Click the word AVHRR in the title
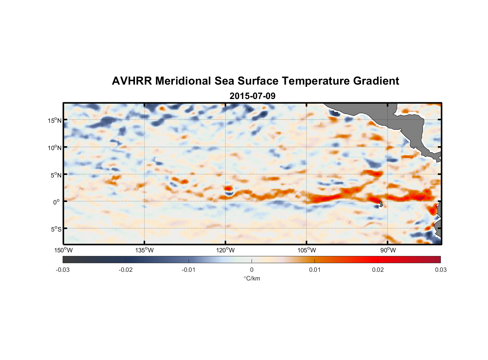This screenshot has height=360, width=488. coord(132,81)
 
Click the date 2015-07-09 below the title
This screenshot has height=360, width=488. coord(252,96)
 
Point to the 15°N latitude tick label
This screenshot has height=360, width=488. coord(55,120)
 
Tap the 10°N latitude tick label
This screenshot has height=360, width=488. coord(55,148)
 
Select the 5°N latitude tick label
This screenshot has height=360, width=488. coord(56,175)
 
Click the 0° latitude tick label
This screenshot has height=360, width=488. coord(57,202)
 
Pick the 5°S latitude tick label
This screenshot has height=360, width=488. coord(56,229)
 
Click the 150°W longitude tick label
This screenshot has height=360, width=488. coord(63,250)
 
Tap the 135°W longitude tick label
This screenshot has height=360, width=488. coord(144,250)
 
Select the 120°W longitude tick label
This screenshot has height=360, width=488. coord(225,250)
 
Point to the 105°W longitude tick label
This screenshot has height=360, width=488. coord(307,250)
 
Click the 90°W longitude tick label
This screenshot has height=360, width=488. coord(388,250)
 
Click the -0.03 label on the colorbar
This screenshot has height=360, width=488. coord(63,270)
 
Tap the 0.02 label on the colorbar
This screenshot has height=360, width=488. coord(378,270)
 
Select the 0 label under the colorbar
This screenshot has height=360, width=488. coord(252,270)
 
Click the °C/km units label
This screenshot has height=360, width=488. coord(252,278)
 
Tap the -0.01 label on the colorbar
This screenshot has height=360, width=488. coord(189,270)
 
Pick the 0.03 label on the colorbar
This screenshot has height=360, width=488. coord(440,270)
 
